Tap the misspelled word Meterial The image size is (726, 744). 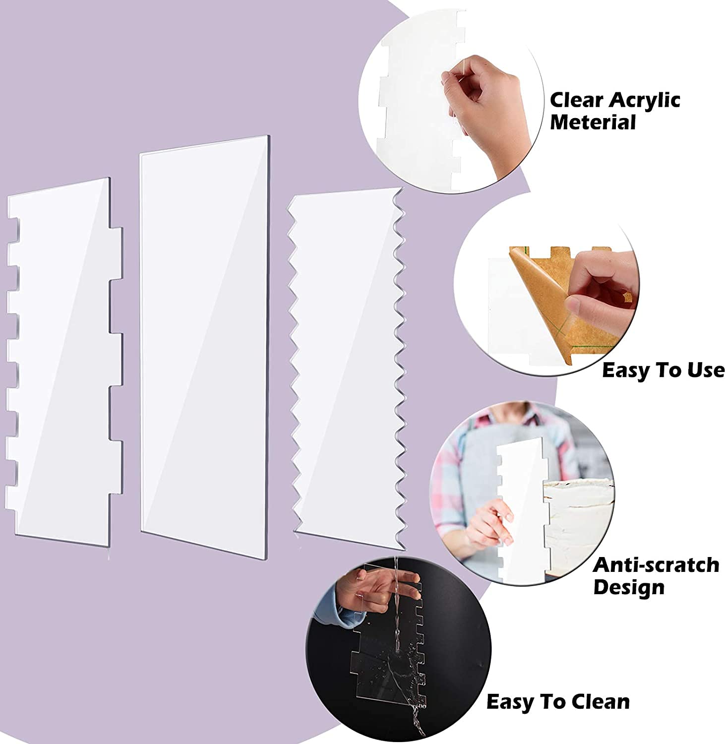(x=593, y=122)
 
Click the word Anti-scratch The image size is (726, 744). (x=656, y=565)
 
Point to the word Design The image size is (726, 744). (x=628, y=588)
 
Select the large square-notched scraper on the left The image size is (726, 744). (x=64, y=360)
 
